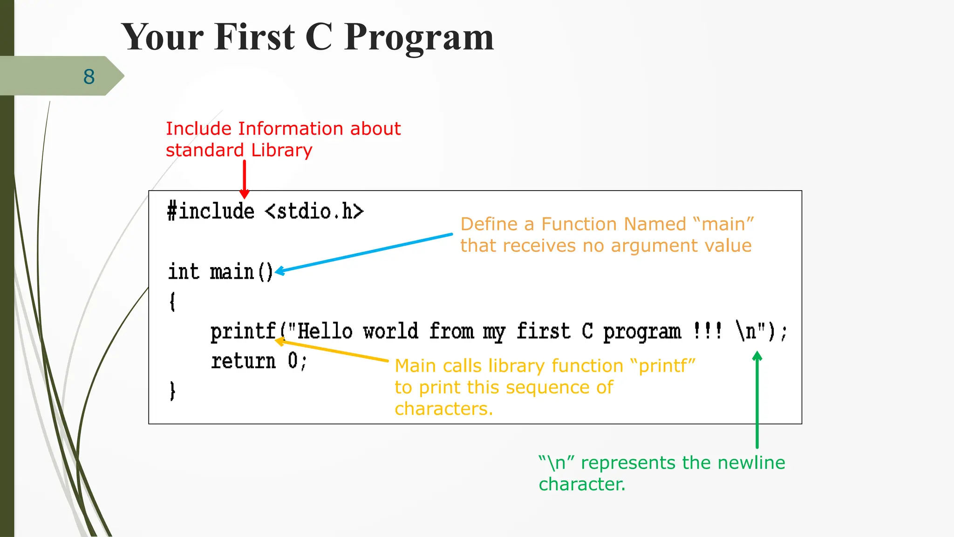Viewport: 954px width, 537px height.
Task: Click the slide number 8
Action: [x=89, y=77]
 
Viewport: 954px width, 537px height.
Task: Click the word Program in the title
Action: [x=419, y=37]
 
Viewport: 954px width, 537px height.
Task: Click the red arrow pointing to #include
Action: [x=244, y=179]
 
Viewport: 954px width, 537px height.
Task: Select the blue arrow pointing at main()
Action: [x=363, y=252]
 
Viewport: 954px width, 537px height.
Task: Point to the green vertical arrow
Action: [x=757, y=401]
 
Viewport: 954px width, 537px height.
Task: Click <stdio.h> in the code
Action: [x=314, y=212]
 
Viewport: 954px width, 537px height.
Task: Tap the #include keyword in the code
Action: [x=211, y=212]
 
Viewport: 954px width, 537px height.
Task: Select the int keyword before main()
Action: [x=184, y=272]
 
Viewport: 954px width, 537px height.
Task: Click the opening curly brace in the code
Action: [x=172, y=302]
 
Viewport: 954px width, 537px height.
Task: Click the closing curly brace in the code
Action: [x=172, y=391]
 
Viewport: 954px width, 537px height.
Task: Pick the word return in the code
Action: [x=243, y=361]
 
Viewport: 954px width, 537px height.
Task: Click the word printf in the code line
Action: [x=243, y=332]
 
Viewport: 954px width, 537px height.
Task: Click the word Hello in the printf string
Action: [x=325, y=331]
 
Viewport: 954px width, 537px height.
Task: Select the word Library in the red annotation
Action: [x=281, y=151]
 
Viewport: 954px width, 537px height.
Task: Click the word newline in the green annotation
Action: [x=751, y=463]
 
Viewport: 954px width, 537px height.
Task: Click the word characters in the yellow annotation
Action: [x=443, y=409]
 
